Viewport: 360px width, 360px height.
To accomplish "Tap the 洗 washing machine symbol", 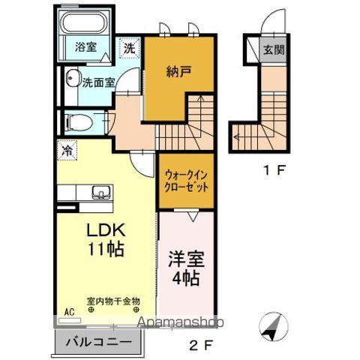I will click(x=130, y=47).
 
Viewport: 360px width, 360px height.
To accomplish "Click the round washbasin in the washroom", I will click(x=73, y=79).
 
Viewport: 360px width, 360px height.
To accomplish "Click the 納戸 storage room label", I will click(x=177, y=72).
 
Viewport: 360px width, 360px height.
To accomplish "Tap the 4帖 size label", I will click(x=184, y=279).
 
